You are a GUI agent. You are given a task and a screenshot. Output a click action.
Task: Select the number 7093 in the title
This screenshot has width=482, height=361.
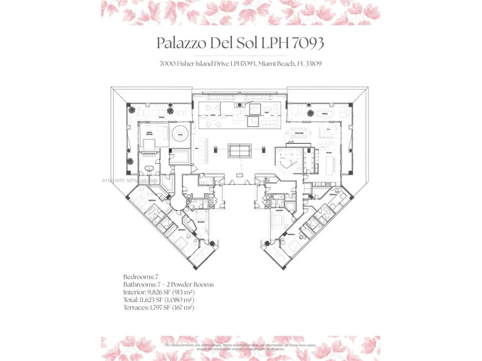click(310, 44)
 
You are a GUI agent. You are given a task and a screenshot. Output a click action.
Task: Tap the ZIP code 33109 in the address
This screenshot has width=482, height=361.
click(311, 64)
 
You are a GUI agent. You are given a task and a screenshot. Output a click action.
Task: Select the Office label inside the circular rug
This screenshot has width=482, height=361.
click(180, 135)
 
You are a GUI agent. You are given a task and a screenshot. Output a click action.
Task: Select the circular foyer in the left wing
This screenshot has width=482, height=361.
click(176, 202)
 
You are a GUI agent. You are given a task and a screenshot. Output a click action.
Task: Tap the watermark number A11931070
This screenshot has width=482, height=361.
click(115, 180)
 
